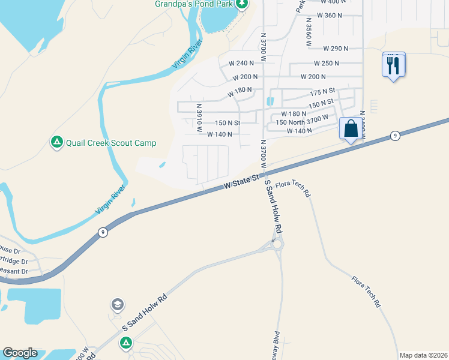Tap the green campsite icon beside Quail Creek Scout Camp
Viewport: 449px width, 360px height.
(x=56, y=142)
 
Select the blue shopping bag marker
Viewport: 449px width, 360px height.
(x=351, y=129)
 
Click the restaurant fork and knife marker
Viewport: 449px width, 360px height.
(x=393, y=65)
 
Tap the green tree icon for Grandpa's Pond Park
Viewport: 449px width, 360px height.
(x=242, y=5)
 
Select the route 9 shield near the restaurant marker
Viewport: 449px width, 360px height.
(x=394, y=136)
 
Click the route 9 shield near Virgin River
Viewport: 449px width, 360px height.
(x=103, y=232)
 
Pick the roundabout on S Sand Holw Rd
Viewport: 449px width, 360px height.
(x=277, y=244)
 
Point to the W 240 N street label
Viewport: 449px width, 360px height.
(x=242, y=63)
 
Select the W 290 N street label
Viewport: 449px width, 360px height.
(x=336, y=48)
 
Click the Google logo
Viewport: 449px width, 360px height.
(x=20, y=353)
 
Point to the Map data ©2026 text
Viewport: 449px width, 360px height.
(x=423, y=355)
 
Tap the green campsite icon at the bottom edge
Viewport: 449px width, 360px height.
(x=126, y=343)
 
